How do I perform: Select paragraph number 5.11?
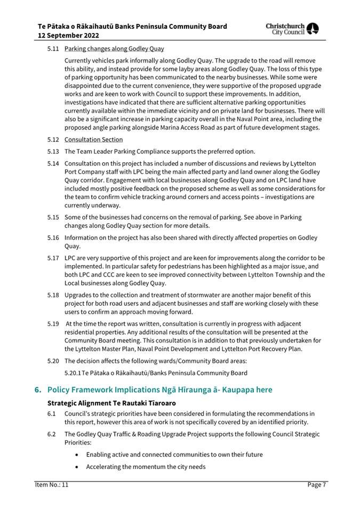click(x=52, y=49)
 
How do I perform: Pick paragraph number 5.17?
click(x=52, y=258)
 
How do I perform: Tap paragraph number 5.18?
click(x=52, y=295)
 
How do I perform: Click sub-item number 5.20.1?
click(x=75, y=371)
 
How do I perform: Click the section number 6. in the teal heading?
click(x=38, y=390)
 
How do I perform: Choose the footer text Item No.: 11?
click(x=48, y=484)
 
